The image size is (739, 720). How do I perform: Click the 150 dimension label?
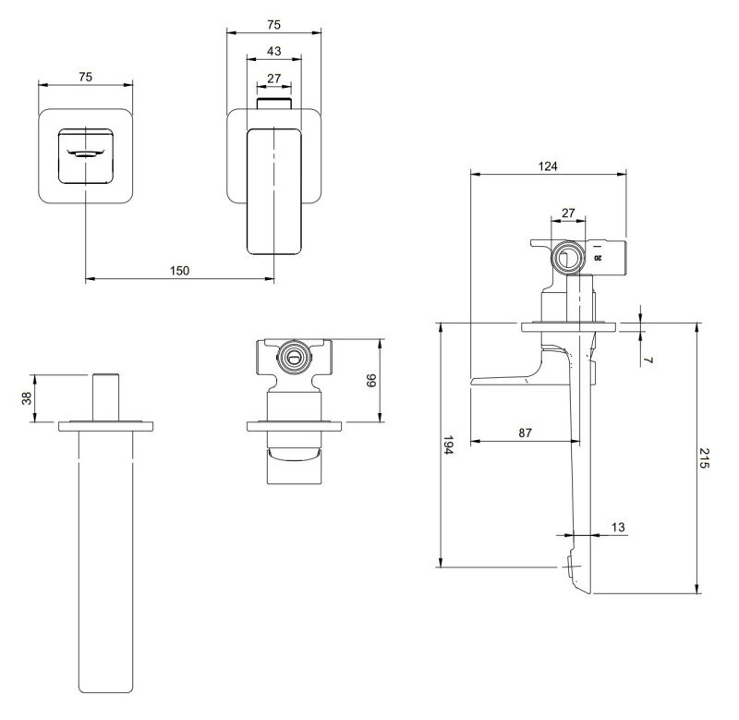point(179,271)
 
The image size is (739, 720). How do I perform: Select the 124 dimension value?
point(548,166)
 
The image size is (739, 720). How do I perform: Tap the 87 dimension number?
point(525,433)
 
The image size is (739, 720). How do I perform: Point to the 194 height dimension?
point(448,445)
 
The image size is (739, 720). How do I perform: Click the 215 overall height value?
point(704,458)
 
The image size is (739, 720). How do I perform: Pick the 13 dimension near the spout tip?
point(618,527)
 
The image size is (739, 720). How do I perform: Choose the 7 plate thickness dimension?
point(649,360)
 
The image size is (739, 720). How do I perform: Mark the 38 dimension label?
point(27,398)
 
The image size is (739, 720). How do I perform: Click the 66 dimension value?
point(372,381)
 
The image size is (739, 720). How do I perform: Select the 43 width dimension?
point(273,51)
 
